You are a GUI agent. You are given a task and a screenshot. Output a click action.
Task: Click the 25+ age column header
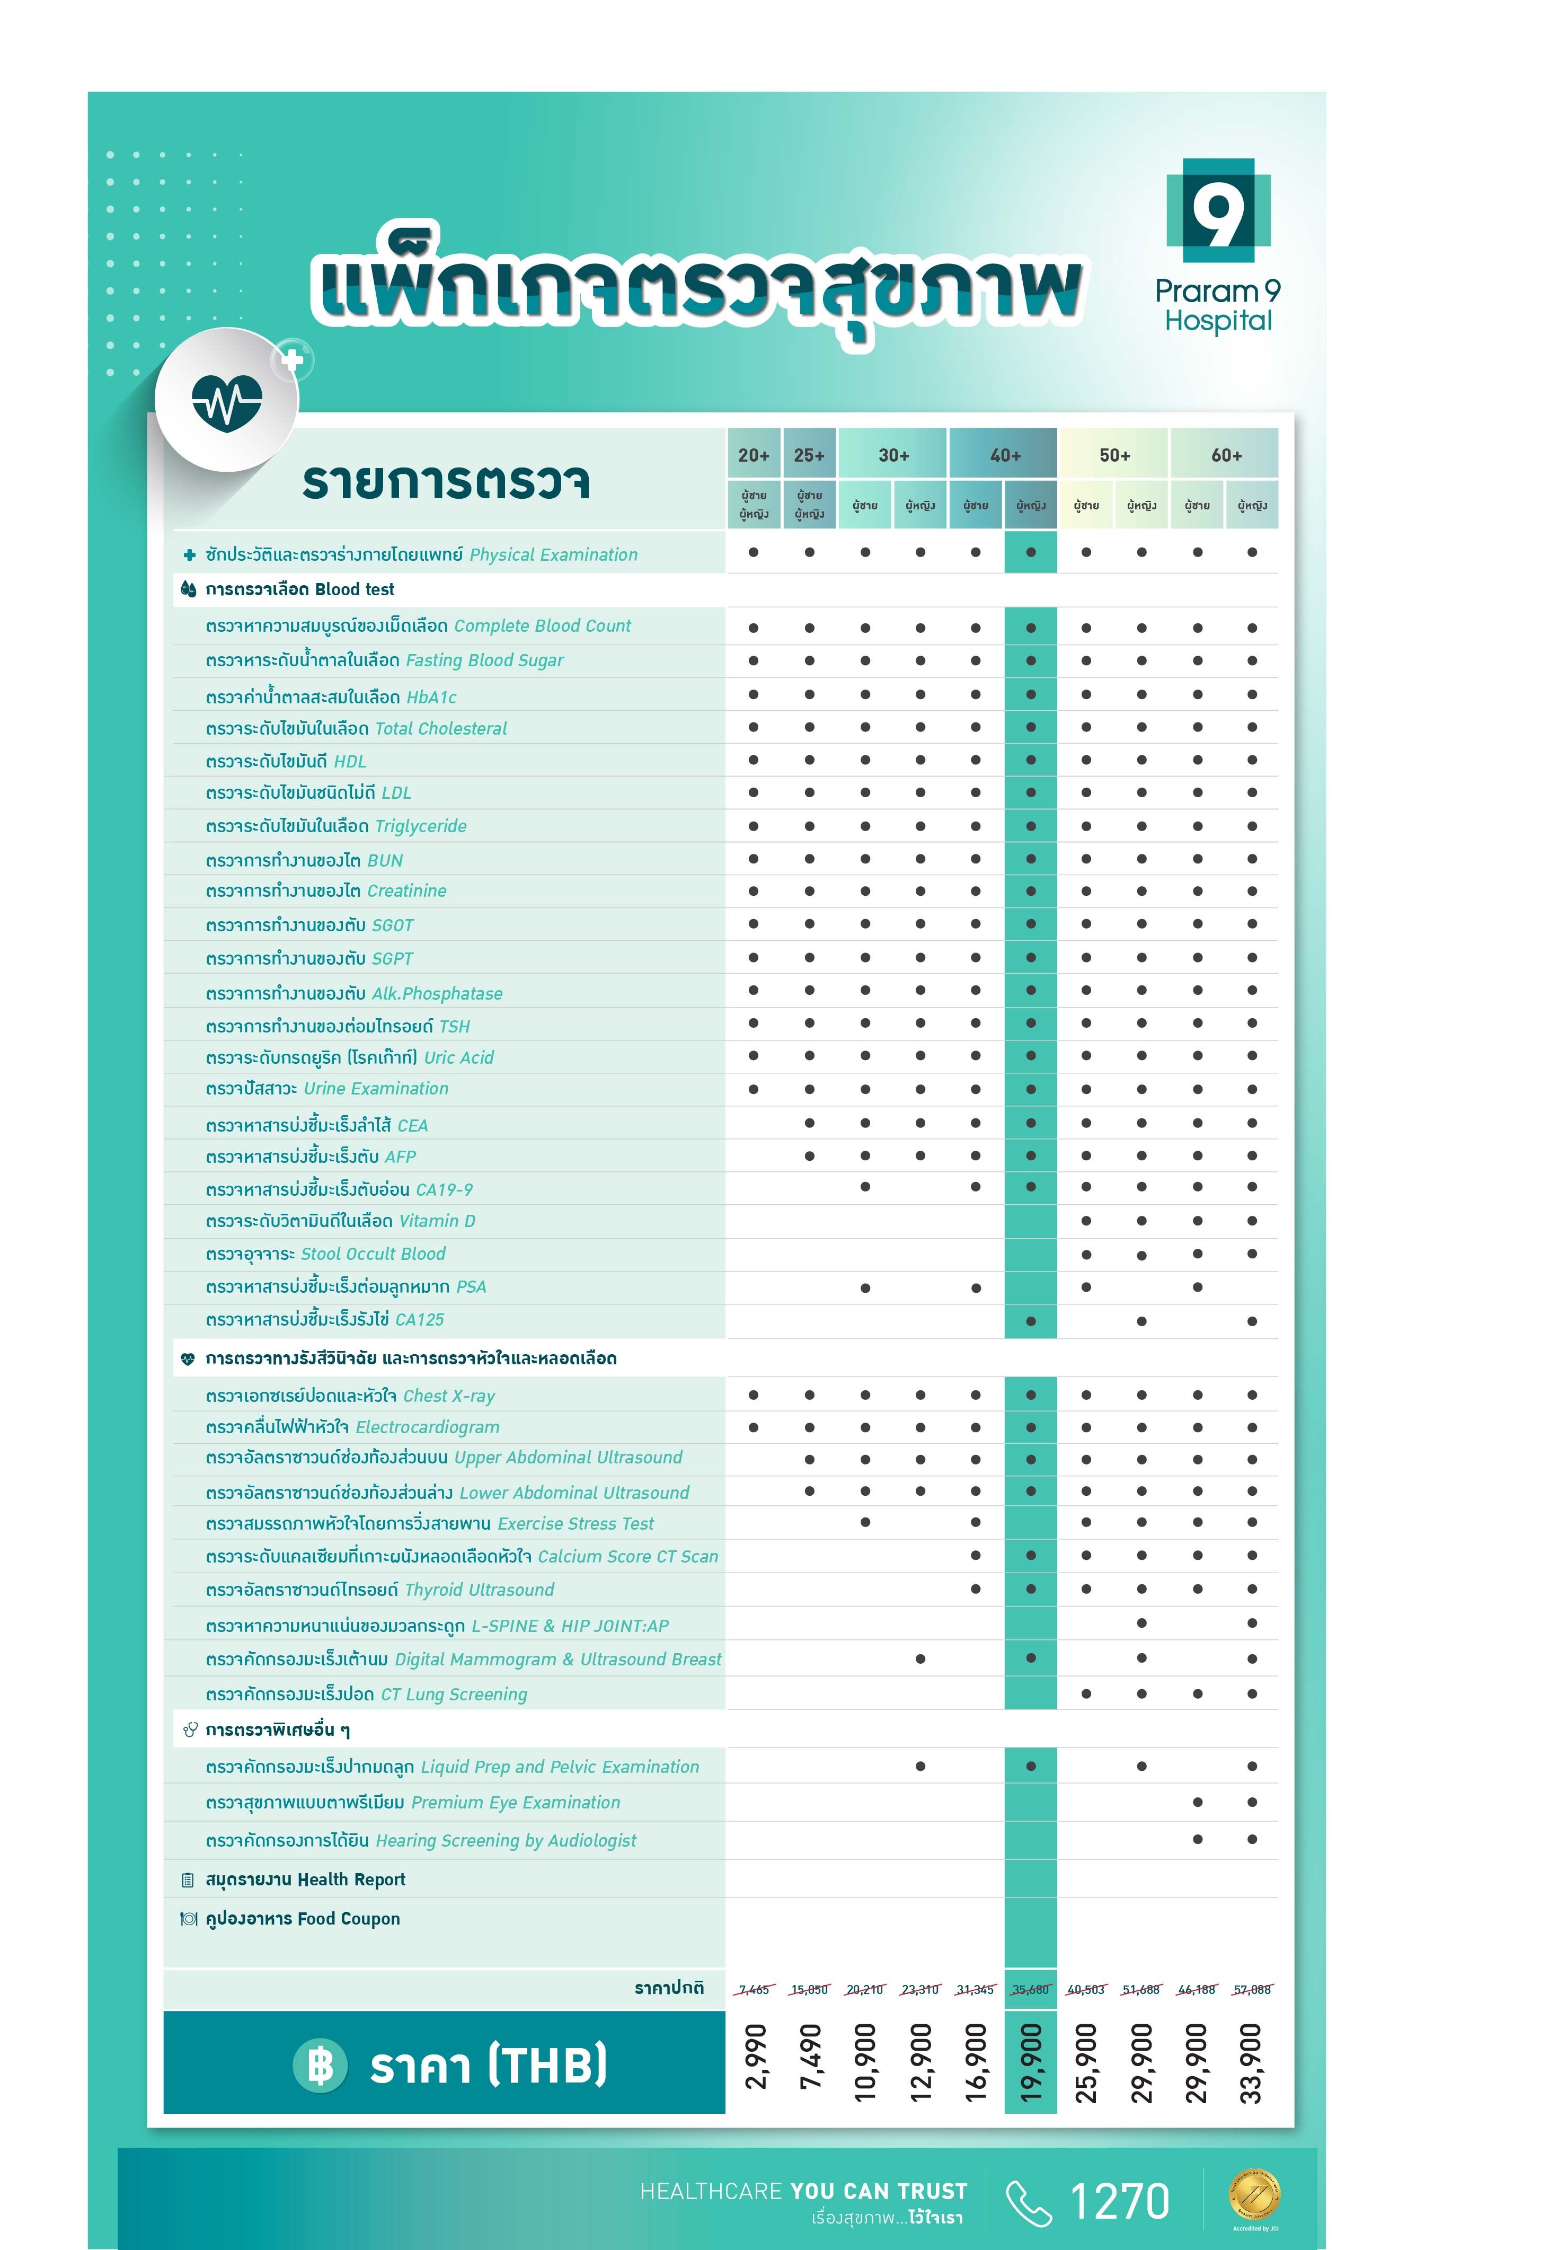pos(809,455)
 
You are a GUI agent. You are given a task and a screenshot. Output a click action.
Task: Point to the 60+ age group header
pos(1226,455)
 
